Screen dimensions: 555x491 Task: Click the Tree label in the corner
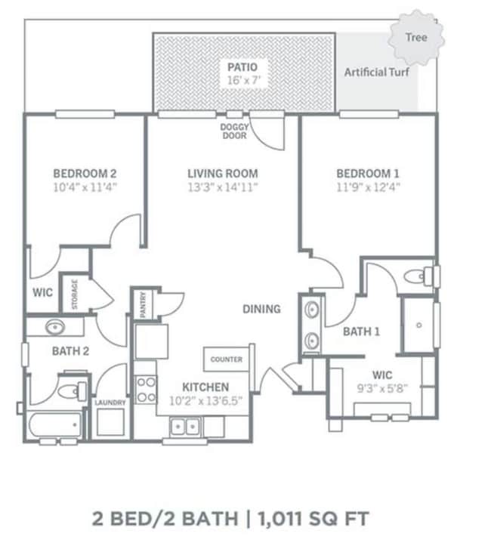(x=415, y=37)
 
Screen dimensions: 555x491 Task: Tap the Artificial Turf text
(x=375, y=72)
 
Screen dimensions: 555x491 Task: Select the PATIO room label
(x=244, y=66)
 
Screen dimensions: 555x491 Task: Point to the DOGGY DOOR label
(x=234, y=131)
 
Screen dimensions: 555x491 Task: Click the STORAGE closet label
(x=75, y=294)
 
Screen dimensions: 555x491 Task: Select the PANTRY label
(x=144, y=305)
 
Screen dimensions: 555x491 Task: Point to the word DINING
(x=261, y=308)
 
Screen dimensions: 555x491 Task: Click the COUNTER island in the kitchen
(x=227, y=359)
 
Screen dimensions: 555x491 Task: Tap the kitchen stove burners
(x=146, y=388)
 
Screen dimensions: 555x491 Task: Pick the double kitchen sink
(x=186, y=427)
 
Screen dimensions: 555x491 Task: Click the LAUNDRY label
(x=110, y=402)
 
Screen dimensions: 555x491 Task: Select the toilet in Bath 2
(x=70, y=391)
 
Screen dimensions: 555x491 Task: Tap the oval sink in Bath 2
(x=54, y=328)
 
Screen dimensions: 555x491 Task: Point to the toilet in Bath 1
(x=417, y=276)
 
